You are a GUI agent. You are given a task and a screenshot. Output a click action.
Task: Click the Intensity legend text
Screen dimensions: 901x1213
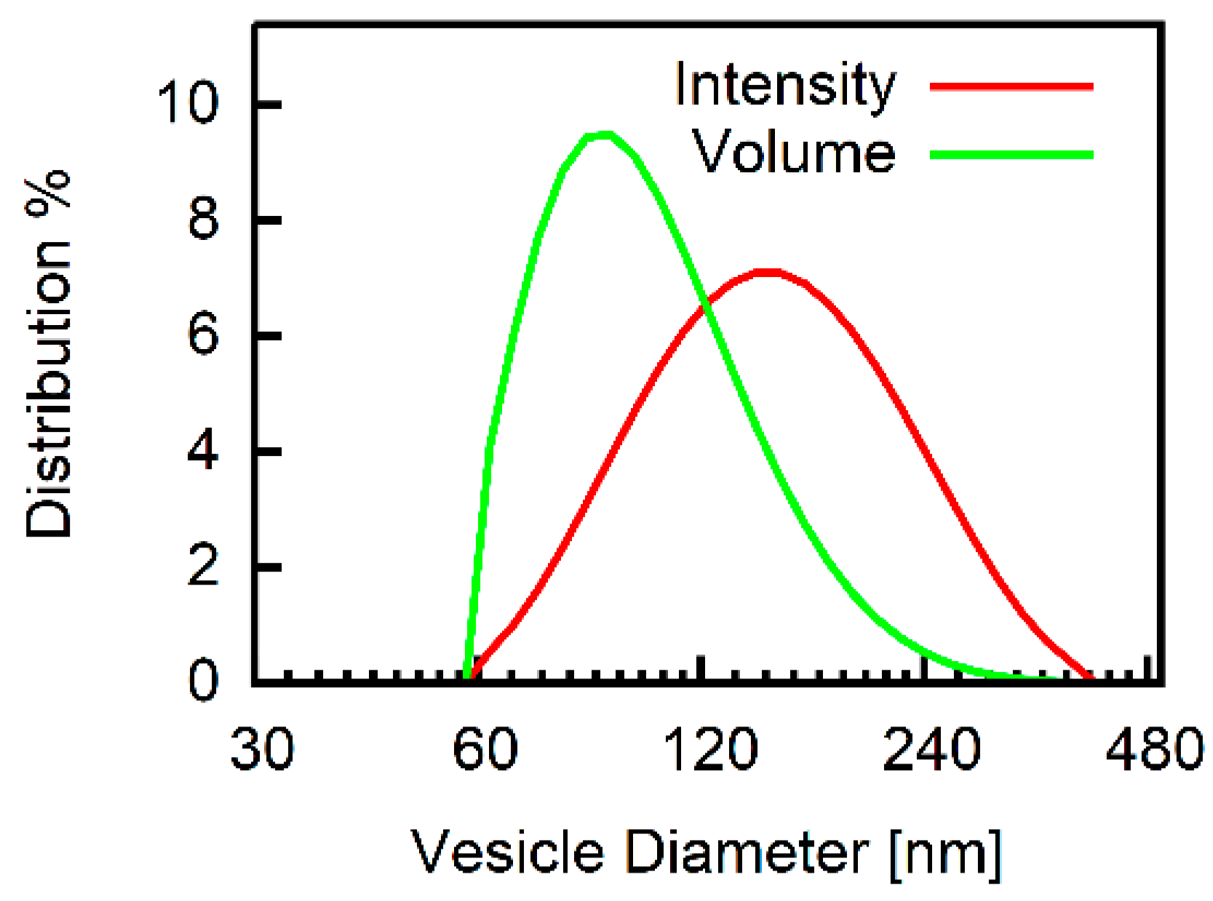[784, 86]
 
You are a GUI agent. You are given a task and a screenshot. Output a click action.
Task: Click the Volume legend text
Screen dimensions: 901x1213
[793, 153]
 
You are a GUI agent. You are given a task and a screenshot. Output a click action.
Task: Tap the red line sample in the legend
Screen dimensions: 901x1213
[1011, 86]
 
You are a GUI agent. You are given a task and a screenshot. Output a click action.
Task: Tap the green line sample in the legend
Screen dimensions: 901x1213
[1011, 154]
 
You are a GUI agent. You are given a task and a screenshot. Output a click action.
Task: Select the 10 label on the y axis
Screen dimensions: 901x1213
[187, 103]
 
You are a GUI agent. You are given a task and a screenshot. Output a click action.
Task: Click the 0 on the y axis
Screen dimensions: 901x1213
[203, 681]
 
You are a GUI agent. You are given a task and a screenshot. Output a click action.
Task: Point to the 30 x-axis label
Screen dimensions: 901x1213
[262, 749]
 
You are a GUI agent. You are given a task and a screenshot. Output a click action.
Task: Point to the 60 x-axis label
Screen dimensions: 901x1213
[485, 749]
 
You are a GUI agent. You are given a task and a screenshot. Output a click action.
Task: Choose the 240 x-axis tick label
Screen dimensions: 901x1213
[931, 749]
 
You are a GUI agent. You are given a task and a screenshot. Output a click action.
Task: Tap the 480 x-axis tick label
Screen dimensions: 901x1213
[1153, 749]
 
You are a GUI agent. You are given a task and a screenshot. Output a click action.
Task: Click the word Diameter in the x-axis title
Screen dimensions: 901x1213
[747, 852]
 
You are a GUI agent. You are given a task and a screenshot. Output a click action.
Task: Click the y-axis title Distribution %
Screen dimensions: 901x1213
[49, 355]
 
